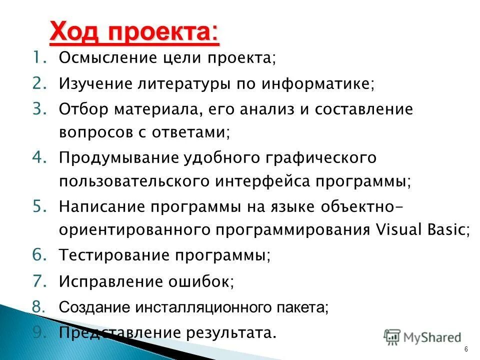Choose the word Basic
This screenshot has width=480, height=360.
(448, 229)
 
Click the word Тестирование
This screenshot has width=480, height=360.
(114, 255)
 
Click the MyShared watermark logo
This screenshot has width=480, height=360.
(422, 337)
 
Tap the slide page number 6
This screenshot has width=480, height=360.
(466, 348)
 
